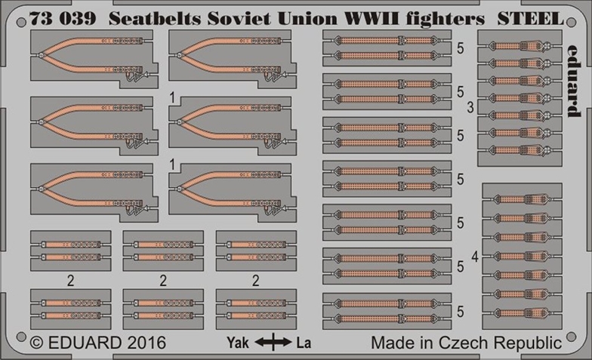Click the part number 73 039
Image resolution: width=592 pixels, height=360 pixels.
[63, 18]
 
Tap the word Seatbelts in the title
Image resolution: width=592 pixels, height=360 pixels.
[155, 18]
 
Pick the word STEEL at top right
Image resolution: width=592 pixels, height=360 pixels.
[530, 18]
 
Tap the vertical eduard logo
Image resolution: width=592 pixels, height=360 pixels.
[573, 81]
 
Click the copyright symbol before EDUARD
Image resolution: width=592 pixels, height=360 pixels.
[36, 343]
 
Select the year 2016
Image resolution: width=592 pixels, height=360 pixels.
[146, 343]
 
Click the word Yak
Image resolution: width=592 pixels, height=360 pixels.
[238, 343]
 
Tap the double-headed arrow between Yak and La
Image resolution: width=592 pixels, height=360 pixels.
[273, 343]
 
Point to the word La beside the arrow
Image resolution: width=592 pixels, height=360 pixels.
[304, 343]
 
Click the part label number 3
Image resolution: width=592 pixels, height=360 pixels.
[470, 107]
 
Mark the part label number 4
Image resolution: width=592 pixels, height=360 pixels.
[475, 257]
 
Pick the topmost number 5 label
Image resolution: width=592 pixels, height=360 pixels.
[461, 48]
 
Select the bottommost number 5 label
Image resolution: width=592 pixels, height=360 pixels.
[461, 311]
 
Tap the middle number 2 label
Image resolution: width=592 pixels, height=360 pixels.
[163, 281]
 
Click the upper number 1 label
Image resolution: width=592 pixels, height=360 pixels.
[172, 98]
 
